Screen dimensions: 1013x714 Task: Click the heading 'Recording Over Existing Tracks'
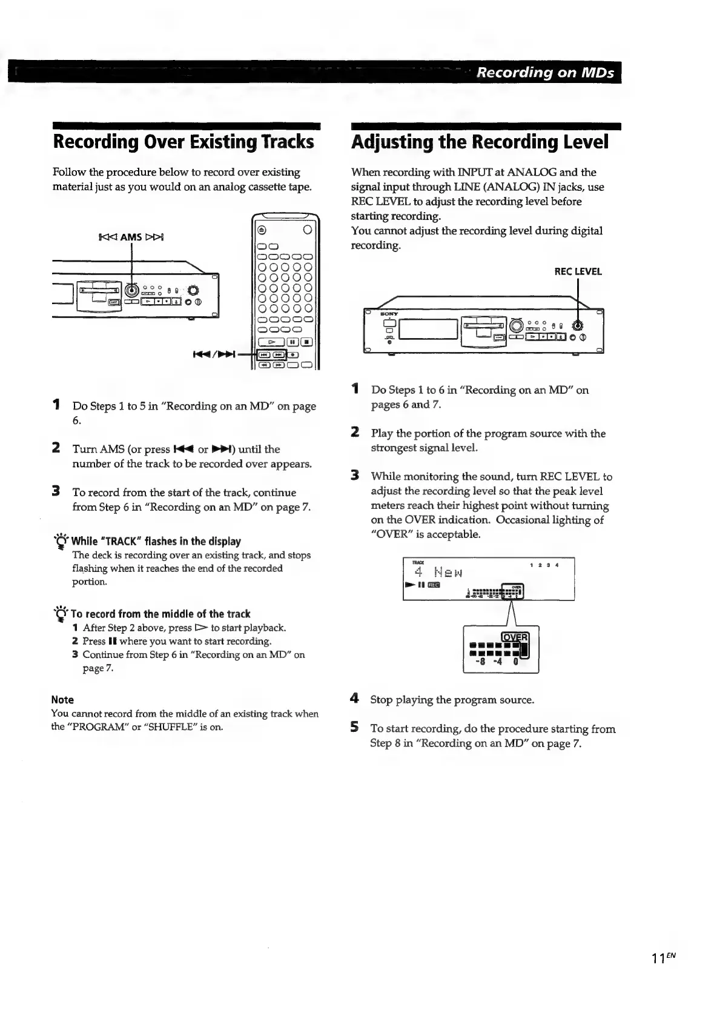pos(183,142)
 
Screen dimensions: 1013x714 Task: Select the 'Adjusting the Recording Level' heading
pos(480,142)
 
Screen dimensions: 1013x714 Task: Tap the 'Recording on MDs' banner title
pos(545,73)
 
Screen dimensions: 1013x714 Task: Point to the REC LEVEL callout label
pos(578,271)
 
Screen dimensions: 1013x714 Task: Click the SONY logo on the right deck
pos(388,314)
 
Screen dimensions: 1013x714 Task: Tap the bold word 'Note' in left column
pos(63,700)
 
